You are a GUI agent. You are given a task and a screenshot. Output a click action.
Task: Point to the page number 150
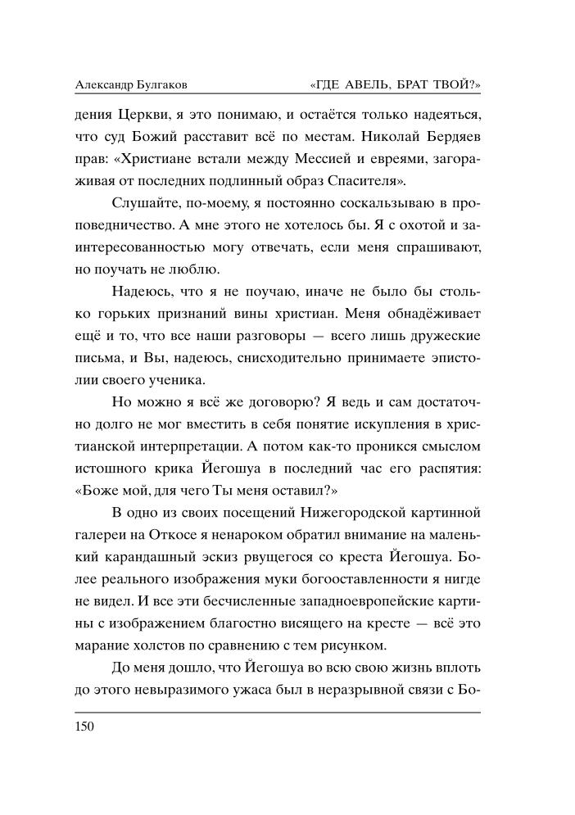pos(84,727)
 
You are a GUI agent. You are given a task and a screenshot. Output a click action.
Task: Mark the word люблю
pos(196,268)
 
